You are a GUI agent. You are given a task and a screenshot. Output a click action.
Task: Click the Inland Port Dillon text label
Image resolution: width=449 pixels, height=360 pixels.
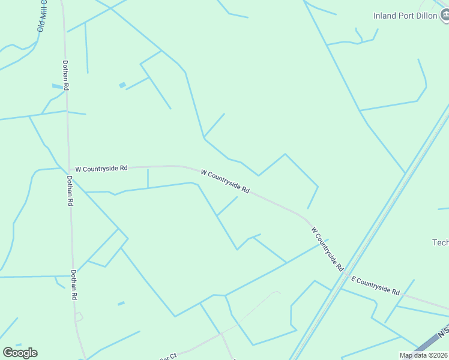(x=405, y=16)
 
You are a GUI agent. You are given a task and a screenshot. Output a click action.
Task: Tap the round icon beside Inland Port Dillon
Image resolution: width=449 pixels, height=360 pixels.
(x=445, y=16)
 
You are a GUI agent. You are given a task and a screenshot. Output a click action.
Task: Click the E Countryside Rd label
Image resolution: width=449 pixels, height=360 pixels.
(x=376, y=285)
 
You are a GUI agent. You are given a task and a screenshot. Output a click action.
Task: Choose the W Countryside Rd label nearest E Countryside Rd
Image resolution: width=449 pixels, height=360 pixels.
(x=327, y=248)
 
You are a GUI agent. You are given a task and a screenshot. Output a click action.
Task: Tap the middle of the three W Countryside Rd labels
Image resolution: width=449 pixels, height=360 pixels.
(x=225, y=181)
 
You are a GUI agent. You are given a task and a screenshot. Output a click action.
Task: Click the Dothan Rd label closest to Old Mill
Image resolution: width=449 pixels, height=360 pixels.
(x=65, y=75)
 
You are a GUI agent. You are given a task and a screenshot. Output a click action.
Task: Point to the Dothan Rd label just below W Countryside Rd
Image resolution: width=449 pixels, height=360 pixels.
(x=70, y=191)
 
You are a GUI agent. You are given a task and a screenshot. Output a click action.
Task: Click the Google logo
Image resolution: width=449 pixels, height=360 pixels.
(x=20, y=353)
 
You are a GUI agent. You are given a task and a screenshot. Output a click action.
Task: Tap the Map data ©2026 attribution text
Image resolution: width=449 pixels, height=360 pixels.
(x=423, y=355)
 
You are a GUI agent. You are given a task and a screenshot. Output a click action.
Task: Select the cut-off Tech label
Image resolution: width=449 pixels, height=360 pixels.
(x=441, y=242)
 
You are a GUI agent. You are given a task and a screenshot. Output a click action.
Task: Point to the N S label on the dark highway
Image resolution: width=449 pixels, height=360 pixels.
(x=443, y=332)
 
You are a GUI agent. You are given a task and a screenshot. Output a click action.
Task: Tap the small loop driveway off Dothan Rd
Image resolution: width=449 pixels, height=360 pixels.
(x=79, y=317)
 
